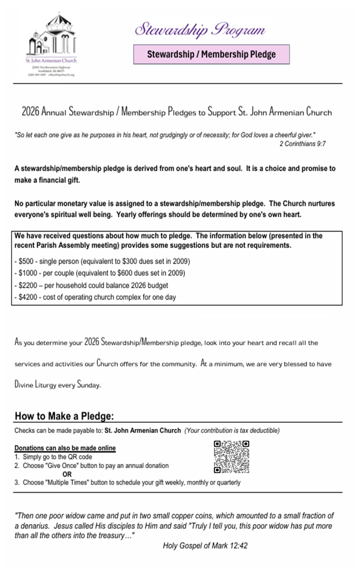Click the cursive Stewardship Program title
[200, 29]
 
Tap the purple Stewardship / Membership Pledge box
[211, 54]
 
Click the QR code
[231, 457]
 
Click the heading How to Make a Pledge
[64, 416]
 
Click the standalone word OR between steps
[67, 474]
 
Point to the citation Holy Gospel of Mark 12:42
[205, 546]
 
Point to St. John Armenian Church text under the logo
[51, 61]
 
